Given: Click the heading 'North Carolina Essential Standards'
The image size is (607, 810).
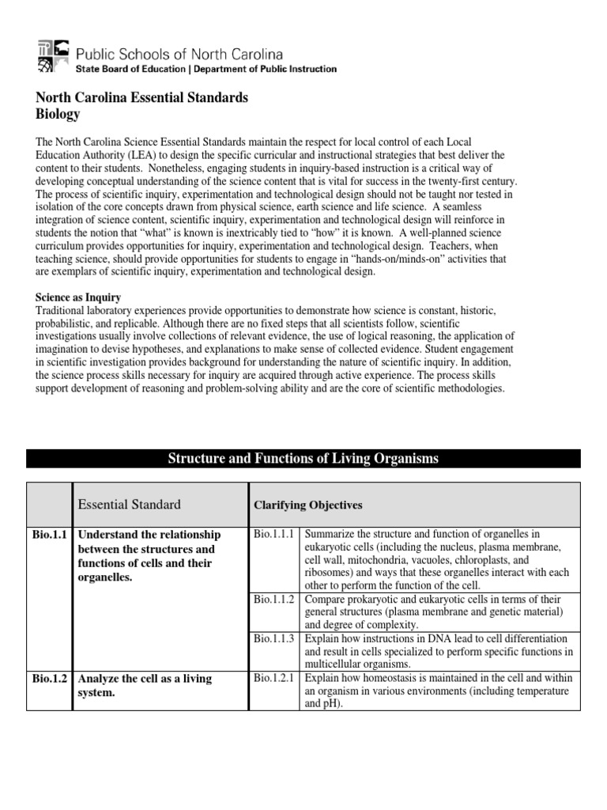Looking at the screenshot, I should point(142,98).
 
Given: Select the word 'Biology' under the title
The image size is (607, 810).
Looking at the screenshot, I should point(58,114).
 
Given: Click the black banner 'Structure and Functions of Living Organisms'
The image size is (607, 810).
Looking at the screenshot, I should point(303,459).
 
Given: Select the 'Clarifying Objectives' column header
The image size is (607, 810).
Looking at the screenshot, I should point(307,505).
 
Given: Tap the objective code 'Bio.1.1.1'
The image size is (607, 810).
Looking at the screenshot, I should point(274,534).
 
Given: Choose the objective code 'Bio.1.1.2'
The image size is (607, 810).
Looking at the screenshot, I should point(274,600).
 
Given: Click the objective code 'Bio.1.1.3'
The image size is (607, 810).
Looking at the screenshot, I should point(274,638).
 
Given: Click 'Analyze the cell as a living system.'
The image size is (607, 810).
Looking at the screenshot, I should point(147,685).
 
